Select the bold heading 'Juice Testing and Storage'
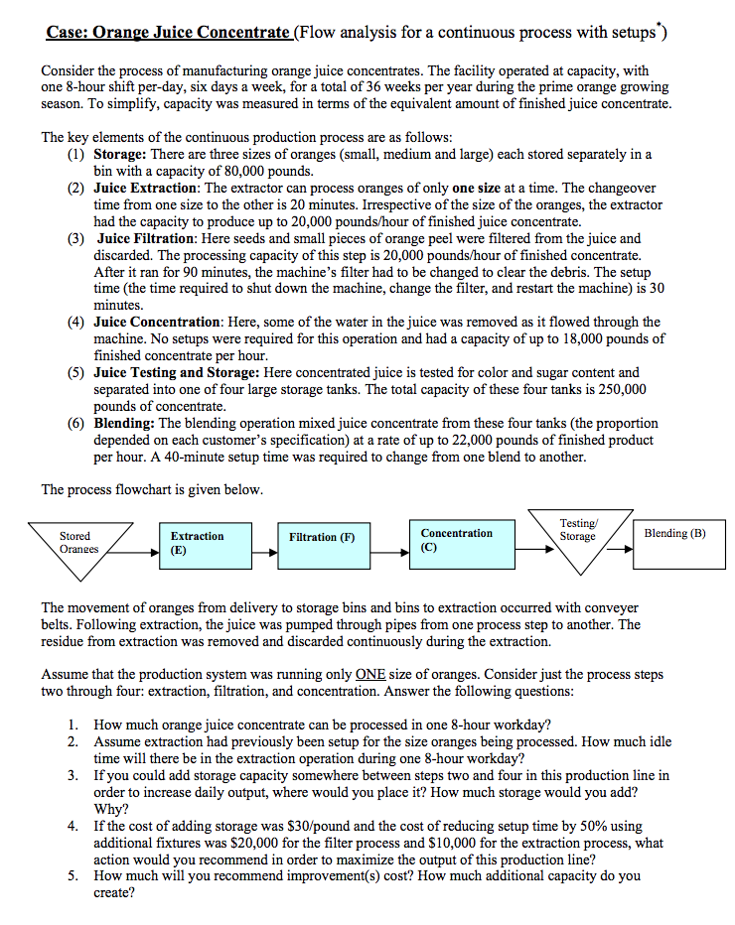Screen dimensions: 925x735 tap(175, 372)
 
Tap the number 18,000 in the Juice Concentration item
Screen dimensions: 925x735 tap(579, 339)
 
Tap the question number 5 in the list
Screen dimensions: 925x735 tap(74, 876)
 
